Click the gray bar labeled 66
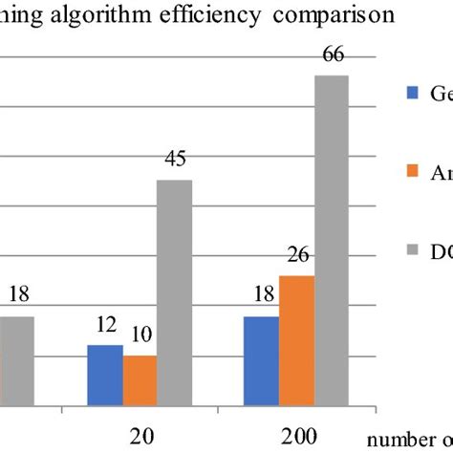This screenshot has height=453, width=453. pos(332,239)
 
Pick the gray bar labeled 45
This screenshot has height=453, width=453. pos(174,291)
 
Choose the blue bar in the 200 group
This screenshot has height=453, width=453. pos(262,359)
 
